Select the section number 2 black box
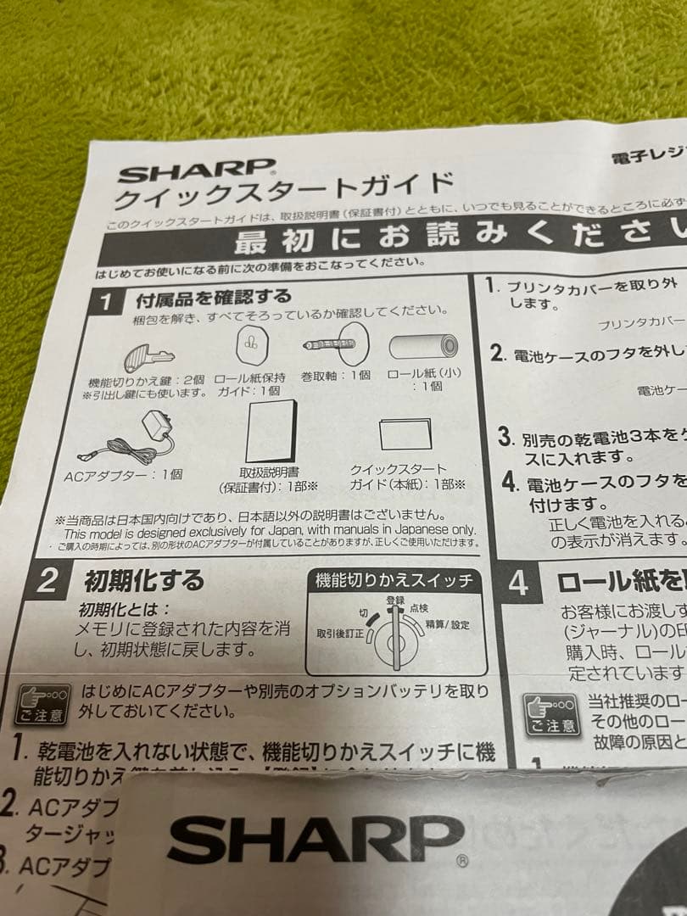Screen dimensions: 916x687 click(x=48, y=580)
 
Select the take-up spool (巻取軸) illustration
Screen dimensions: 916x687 click(x=335, y=344)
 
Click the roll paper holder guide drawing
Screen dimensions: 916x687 click(x=250, y=344)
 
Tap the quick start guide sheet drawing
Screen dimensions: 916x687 click(x=406, y=435)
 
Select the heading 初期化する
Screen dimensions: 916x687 click(x=143, y=581)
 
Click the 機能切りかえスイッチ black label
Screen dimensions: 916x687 click(x=393, y=581)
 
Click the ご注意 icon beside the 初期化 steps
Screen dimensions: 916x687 click(x=40, y=704)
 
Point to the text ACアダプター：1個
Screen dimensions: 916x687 click(x=124, y=473)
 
